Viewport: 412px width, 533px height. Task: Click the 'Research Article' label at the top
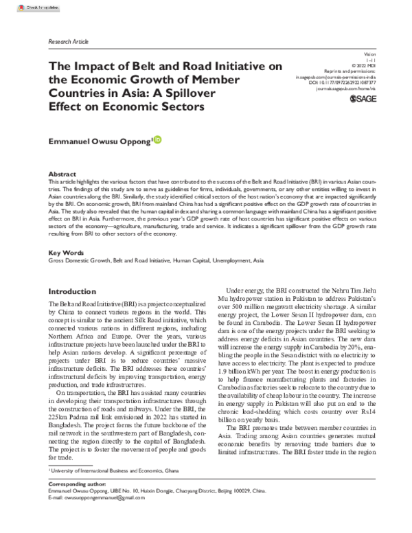pyautogui.click(x=69, y=41)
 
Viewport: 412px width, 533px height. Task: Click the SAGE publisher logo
pyautogui.click(x=363, y=100)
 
